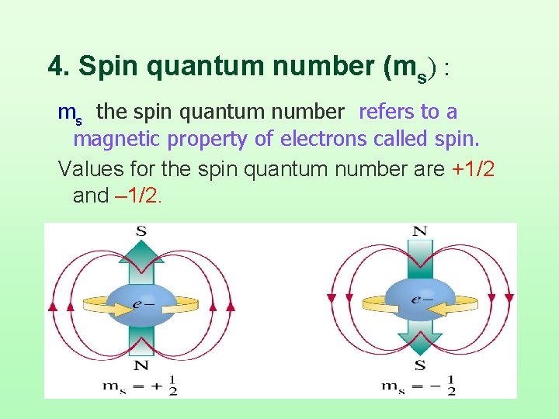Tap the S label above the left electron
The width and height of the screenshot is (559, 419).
141,230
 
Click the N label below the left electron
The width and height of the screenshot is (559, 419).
141,365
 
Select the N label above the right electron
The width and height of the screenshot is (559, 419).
419,230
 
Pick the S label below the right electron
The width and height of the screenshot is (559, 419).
420,365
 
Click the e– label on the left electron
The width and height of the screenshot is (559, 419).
142,303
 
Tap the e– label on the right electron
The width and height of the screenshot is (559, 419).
422,298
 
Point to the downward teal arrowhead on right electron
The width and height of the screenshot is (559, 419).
420,341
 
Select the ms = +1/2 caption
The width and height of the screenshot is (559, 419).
141,385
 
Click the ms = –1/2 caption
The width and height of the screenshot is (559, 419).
419,385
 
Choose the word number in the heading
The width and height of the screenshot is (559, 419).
317,67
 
